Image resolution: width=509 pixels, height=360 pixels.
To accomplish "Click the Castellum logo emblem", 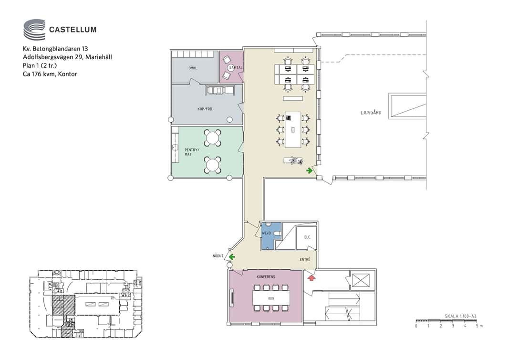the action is (x=34, y=29).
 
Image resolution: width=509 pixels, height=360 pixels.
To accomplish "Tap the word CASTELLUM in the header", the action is (x=73, y=30).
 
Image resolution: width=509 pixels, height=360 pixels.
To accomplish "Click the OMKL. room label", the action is (x=193, y=68).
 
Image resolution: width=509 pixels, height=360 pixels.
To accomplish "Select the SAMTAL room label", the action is (x=236, y=68).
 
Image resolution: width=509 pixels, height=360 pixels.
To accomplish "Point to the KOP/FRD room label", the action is (x=205, y=109).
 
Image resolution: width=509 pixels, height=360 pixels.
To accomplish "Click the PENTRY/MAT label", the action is (x=192, y=152).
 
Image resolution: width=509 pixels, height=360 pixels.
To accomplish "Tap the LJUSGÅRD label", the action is (x=371, y=113).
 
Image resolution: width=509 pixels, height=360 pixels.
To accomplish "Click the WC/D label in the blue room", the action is (x=266, y=233).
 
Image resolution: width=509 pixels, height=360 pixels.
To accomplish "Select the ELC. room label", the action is (x=307, y=237).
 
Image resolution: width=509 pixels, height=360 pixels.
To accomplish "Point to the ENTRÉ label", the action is (x=305, y=259).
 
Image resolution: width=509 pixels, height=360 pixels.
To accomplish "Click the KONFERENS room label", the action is (x=266, y=277).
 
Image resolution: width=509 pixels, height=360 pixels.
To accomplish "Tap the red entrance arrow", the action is (x=312, y=277).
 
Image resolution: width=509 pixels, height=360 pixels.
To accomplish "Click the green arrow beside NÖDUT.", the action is (x=232, y=257).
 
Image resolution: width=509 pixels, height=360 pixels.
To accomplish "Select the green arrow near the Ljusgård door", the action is (x=310, y=170).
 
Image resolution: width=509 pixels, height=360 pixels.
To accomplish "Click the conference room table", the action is (x=271, y=298).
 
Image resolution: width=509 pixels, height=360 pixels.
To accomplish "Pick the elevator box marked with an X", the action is (x=361, y=280).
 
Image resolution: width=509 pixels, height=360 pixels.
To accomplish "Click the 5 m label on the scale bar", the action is (x=479, y=326).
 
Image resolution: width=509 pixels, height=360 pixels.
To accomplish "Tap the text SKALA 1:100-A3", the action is (x=460, y=316).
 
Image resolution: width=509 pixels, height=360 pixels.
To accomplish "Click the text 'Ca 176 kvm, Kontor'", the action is (x=50, y=74).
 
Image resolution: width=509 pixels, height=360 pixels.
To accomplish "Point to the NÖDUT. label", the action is (x=218, y=256).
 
